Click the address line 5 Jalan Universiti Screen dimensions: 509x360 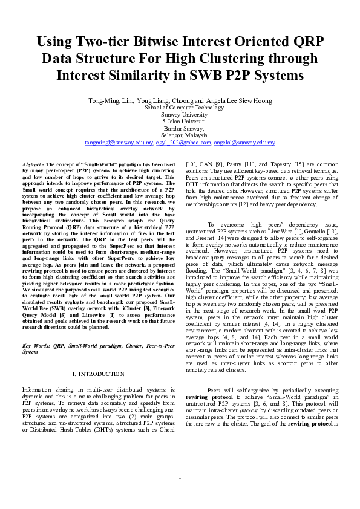tap(180, 122)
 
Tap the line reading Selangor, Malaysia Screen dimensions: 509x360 tap(180, 135)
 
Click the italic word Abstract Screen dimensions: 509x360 tap(32, 164)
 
